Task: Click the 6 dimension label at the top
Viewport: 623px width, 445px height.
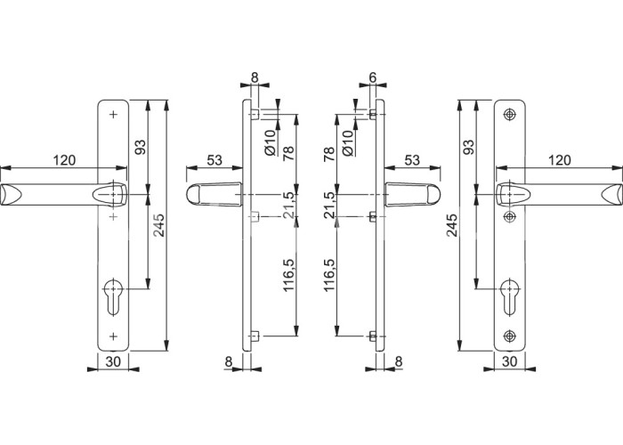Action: (x=372, y=77)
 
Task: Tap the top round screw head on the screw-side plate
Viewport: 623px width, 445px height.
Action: (x=509, y=115)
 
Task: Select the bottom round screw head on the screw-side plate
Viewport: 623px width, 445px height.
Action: (x=509, y=336)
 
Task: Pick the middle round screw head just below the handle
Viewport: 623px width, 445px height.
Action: (x=509, y=216)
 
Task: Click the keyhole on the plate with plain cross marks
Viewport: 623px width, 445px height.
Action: (x=113, y=297)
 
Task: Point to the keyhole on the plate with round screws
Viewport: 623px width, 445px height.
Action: (x=509, y=297)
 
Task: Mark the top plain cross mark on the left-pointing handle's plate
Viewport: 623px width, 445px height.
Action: (x=114, y=115)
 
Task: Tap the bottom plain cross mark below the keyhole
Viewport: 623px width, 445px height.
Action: (x=114, y=336)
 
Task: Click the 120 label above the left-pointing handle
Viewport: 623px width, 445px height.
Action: (x=64, y=160)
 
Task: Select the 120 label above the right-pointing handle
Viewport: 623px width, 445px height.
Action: (x=560, y=160)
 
